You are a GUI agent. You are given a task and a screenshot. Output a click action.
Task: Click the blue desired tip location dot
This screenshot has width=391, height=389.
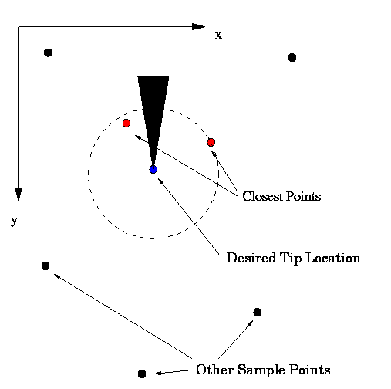[x=153, y=170]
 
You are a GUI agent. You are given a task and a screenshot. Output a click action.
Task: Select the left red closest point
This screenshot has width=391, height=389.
[x=126, y=123]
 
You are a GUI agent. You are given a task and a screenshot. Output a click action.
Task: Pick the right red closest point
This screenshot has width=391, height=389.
[x=211, y=142]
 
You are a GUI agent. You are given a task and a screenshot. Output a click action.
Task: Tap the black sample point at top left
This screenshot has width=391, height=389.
[x=49, y=52]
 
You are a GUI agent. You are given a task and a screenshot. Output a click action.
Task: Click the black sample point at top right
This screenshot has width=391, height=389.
[x=292, y=58]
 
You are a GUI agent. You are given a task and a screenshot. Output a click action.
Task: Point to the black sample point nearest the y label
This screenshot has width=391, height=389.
[x=46, y=266]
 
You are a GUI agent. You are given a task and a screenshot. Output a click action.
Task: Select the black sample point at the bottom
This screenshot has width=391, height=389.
[x=142, y=374]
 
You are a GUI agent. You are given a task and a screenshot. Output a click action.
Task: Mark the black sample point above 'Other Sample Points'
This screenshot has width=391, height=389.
[x=258, y=312]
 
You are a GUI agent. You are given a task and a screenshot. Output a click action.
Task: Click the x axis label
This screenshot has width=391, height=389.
[x=218, y=36]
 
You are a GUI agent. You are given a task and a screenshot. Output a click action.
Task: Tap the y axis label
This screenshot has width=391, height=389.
[x=14, y=221]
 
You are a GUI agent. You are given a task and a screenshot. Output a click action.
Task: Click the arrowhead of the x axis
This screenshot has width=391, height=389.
[x=198, y=26]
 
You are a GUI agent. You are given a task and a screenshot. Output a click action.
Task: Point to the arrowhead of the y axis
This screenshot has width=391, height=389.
[x=19, y=194]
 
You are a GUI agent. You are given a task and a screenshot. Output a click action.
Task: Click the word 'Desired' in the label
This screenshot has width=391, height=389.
[x=251, y=258]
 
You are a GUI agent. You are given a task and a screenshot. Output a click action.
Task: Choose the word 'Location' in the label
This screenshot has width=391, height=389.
[x=333, y=258]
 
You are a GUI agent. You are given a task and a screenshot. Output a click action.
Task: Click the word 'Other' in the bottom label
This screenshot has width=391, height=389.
[x=214, y=370]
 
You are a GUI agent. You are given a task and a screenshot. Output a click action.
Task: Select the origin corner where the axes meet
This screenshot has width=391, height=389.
[x=19, y=26]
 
